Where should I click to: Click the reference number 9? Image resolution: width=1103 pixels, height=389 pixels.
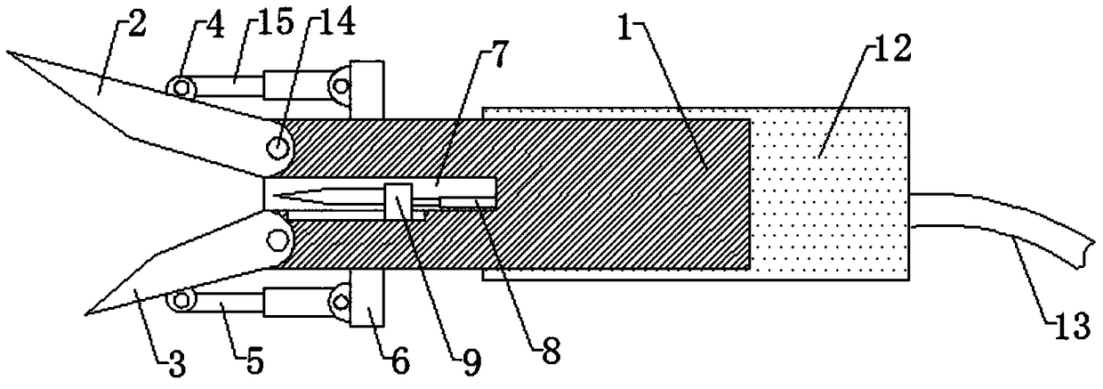tap(467, 359)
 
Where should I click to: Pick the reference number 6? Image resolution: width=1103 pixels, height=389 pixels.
tap(399, 360)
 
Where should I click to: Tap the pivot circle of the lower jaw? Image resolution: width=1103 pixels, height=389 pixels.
tap(277, 238)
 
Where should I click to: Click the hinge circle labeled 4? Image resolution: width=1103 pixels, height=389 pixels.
tap(181, 86)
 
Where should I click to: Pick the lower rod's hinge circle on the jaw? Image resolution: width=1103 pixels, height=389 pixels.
tap(185, 300)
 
